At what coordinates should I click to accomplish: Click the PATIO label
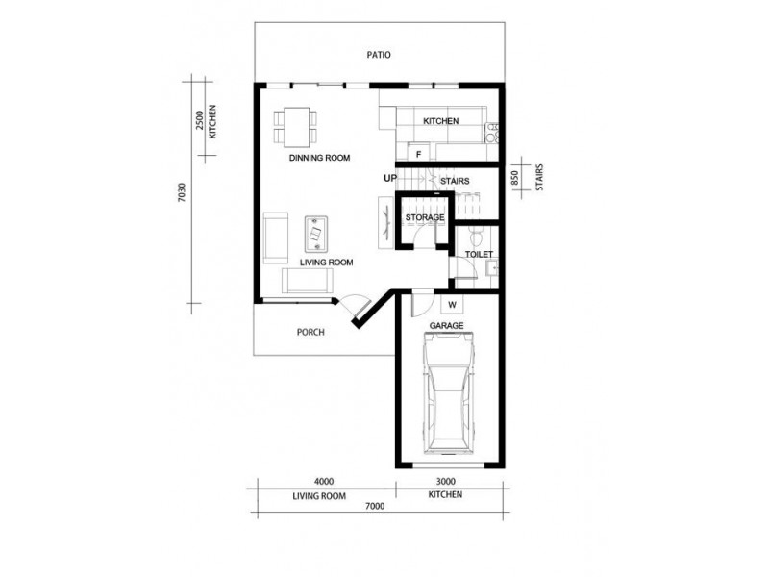[379, 56]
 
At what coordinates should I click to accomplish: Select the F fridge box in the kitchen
[419, 153]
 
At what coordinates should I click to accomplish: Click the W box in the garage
[450, 305]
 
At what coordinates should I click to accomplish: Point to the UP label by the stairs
[390, 178]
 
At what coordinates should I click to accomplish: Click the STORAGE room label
[425, 218]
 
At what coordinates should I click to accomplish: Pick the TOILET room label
[479, 255]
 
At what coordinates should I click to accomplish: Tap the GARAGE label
[447, 327]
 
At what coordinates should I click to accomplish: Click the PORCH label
[311, 333]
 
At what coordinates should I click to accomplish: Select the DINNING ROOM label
[319, 158]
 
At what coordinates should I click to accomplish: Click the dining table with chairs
[298, 121]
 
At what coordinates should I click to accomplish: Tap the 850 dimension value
[516, 178]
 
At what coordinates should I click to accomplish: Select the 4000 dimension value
[323, 482]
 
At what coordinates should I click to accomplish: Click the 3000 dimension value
[445, 482]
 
